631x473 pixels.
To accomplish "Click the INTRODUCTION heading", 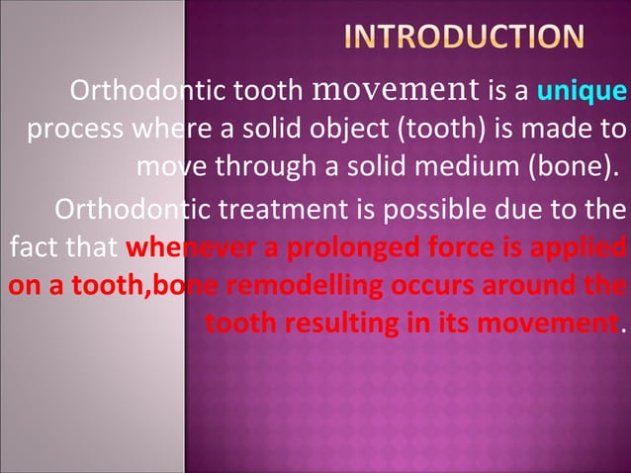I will [464, 37].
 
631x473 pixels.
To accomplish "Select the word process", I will [67, 130].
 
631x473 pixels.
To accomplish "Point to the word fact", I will [27, 248].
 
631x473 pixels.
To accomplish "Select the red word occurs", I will [413, 286].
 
